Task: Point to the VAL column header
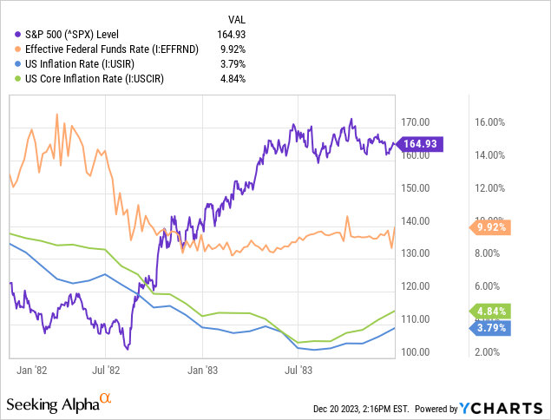[235, 18]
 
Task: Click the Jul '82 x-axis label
[104, 369]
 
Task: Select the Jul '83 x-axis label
[298, 369]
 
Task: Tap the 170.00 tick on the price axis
[417, 122]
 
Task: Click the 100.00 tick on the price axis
[417, 351]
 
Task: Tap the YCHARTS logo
[507, 408]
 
